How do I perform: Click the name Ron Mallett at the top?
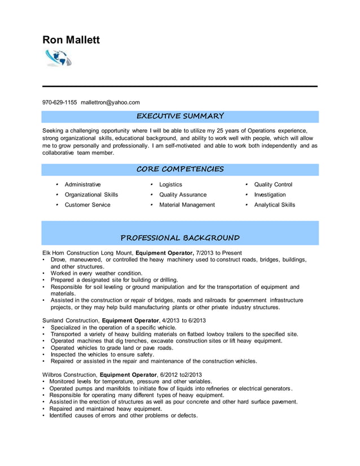tap(71, 39)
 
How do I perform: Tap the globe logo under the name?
tap(58, 58)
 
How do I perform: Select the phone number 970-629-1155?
tap(60, 102)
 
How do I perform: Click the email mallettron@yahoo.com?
tap(110, 102)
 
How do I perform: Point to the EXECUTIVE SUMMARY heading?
tap(181, 116)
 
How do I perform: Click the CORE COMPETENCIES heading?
tap(181, 169)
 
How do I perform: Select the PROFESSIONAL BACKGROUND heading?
tap(181, 238)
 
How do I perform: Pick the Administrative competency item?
tap(83, 184)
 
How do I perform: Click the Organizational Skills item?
tap(91, 195)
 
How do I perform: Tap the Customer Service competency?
tap(87, 205)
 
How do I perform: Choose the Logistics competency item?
tap(170, 184)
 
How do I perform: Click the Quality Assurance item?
tap(183, 195)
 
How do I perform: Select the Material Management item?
tap(187, 205)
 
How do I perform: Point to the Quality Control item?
tap(273, 184)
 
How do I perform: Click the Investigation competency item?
tap(270, 195)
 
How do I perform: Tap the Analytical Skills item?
tap(274, 205)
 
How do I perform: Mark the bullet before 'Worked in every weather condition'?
tap(44, 273)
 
